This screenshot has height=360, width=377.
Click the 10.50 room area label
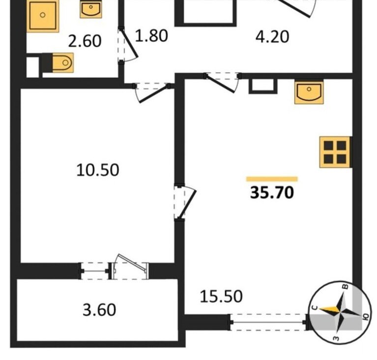click(x=98, y=170)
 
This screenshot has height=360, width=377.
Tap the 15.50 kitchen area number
click(x=221, y=296)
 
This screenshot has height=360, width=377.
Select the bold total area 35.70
click(x=272, y=193)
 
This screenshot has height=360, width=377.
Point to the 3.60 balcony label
click(x=99, y=310)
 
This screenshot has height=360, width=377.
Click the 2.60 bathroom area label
click(x=85, y=41)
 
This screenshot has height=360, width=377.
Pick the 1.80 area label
click(x=151, y=36)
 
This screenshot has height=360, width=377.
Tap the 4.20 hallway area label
click(x=272, y=37)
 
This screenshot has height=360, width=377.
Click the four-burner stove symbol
click(x=335, y=152)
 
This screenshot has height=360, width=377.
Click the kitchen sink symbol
click(x=309, y=93)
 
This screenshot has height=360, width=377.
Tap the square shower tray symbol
click(x=43, y=15)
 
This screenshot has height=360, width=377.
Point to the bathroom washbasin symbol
click(x=91, y=10)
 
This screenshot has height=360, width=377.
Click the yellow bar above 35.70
click(x=272, y=179)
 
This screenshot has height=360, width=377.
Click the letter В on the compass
click(x=346, y=286)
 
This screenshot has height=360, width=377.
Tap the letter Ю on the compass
click(x=366, y=317)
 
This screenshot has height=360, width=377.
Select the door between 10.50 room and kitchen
click(x=185, y=202)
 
